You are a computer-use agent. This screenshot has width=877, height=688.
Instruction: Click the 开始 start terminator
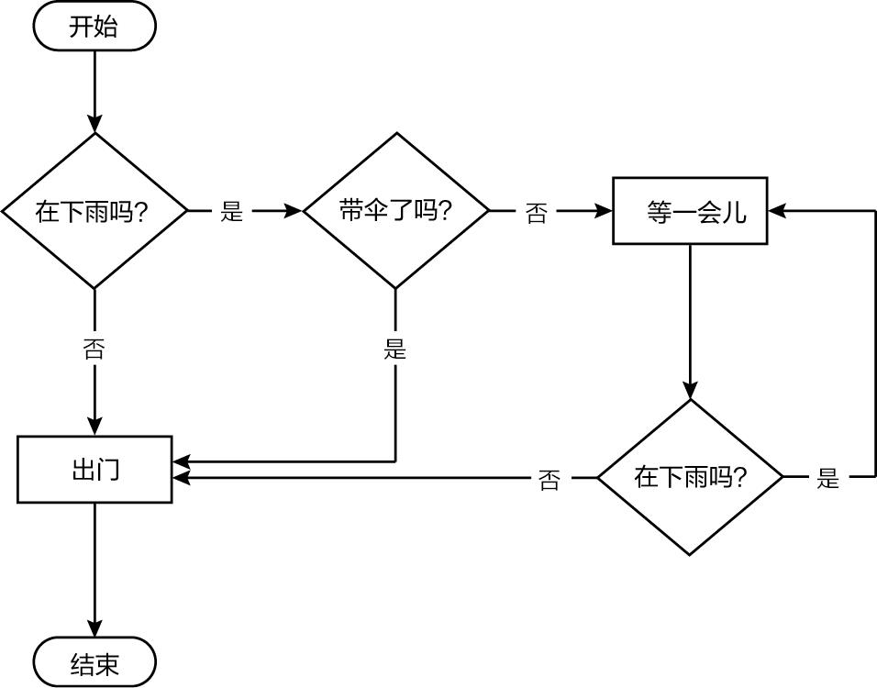coord(94,27)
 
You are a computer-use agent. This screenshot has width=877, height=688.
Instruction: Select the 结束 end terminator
coord(94,662)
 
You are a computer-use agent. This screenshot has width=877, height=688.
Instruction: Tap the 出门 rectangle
coord(94,470)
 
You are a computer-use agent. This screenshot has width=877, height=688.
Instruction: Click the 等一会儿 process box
coord(690,211)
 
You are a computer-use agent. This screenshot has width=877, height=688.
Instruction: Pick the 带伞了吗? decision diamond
coord(395,211)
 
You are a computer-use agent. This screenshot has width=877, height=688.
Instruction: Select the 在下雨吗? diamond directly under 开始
coord(94,211)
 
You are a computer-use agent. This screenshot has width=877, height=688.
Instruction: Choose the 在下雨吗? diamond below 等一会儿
coord(690,477)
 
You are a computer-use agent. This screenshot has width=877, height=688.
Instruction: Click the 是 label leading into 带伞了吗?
coord(232,212)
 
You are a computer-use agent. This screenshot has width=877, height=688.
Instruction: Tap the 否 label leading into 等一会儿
coord(537,213)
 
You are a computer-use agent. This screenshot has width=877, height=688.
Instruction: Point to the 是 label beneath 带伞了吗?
coord(395,349)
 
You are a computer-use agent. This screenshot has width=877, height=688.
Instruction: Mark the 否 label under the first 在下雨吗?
coord(94,349)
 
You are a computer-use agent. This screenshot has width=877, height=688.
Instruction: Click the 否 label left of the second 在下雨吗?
coord(550,479)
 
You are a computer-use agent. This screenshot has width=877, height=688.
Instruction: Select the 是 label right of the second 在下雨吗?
coord(828,478)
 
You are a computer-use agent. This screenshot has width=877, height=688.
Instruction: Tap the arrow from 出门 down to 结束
coord(94,569)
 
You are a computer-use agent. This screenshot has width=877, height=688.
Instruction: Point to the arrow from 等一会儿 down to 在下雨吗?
coord(690,321)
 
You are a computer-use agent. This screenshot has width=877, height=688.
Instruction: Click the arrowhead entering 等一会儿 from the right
coord(777,211)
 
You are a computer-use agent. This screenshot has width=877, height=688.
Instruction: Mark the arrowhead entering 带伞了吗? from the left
coord(294,211)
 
